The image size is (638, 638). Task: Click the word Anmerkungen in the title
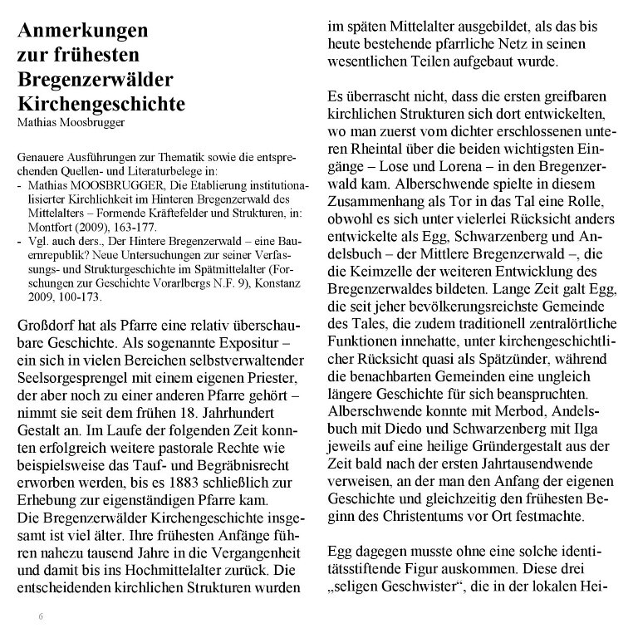(82, 32)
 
